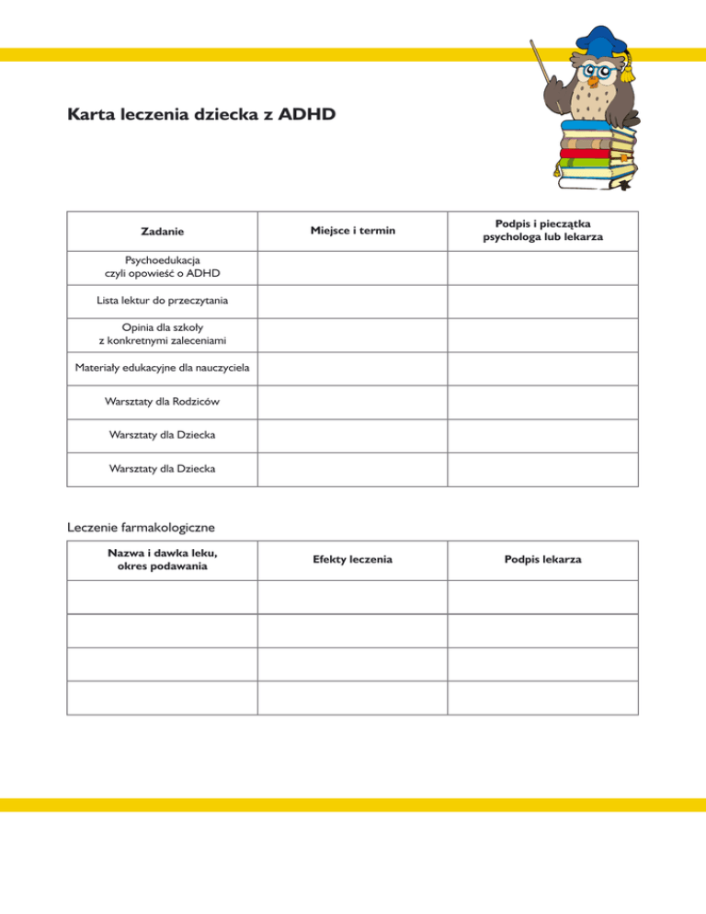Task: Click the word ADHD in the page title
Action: [x=307, y=117]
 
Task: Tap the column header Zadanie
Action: [x=161, y=230]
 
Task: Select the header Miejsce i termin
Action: [x=351, y=230]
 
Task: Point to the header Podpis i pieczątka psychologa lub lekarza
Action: [x=542, y=230]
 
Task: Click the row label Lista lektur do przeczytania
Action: [x=161, y=300]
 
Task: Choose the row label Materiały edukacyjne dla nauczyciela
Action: [x=161, y=369]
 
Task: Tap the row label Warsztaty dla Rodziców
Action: [x=161, y=402]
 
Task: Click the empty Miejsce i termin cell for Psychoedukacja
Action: [x=351, y=267]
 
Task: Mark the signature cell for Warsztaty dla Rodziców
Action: [x=542, y=402]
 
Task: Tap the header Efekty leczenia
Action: [x=352, y=560]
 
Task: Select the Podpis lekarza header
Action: [x=542, y=560]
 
